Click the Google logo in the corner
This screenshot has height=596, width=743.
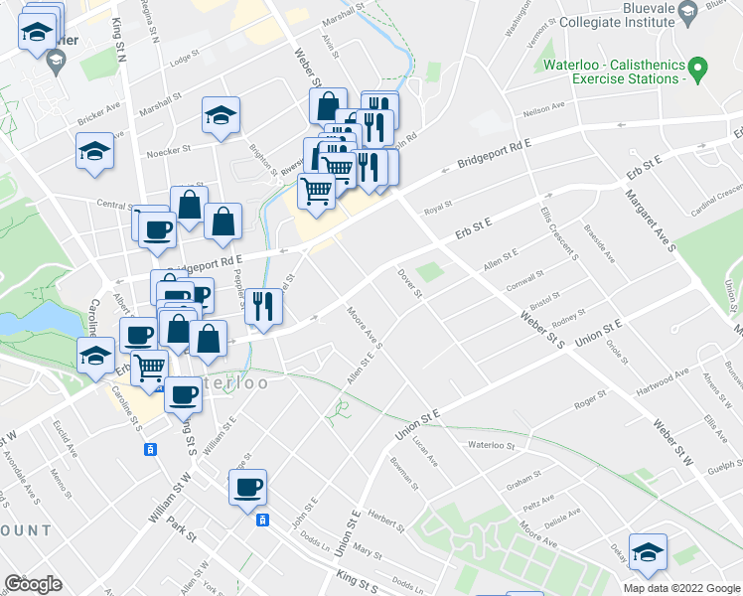coord(33,584)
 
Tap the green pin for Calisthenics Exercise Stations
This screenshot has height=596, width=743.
coord(697,70)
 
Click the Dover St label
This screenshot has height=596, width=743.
coord(410,283)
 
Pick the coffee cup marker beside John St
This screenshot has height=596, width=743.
coord(247,488)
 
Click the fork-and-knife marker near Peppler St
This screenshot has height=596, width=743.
coord(263,305)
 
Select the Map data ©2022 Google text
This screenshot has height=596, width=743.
coord(680,587)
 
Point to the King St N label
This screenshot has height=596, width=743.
coord(120,39)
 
